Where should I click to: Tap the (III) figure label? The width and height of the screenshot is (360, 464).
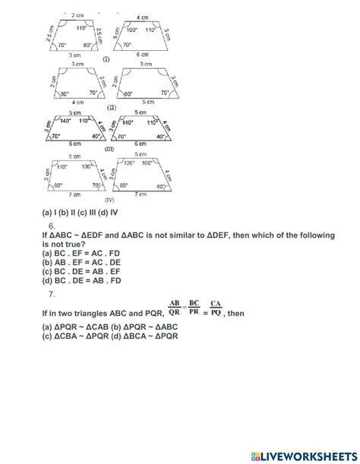109,150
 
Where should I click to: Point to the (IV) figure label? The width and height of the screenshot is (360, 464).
109,199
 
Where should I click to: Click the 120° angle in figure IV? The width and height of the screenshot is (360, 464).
126,163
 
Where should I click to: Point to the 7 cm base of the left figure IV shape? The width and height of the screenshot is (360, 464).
74,194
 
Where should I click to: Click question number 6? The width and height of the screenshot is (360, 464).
51,226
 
